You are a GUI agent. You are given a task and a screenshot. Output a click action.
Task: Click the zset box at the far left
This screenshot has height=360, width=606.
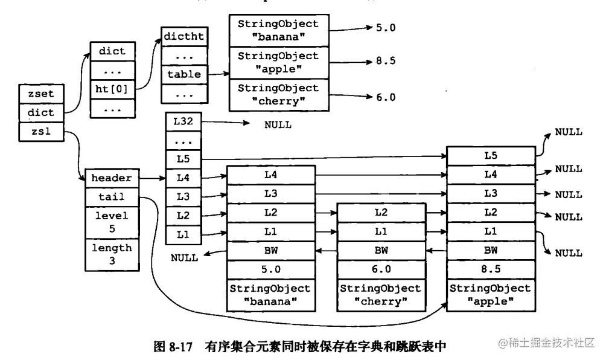pyautogui.click(x=41, y=94)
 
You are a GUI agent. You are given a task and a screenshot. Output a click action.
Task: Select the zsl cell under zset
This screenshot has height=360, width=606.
pyautogui.click(x=41, y=130)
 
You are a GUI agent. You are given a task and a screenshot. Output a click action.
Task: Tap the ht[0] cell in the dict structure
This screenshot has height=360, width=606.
pyautogui.click(x=112, y=89)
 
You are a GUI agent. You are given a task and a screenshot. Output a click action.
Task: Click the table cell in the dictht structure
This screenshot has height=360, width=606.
pyautogui.click(x=184, y=75)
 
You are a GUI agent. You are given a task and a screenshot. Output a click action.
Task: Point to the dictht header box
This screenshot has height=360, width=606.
pyautogui.click(x=184, y=37)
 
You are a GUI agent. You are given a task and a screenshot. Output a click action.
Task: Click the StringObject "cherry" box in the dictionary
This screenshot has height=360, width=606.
pyautogui.click(x=278, y=95)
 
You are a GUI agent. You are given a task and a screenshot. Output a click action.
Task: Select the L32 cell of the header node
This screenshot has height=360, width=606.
pyautogui.click(x=184, y=121)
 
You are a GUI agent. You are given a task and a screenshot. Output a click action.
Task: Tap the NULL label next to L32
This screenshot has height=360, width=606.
pyautogui.click(x=278, y=125)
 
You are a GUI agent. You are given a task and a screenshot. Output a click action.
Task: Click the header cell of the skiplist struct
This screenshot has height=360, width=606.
pyautogui.click(x=112, y=178)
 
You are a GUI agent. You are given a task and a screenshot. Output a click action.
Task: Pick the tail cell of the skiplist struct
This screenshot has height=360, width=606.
pyautogui.click(x=112, y=197)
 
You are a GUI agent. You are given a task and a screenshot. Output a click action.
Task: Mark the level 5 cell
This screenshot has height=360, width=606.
pyautogui.click(x=112, y=222)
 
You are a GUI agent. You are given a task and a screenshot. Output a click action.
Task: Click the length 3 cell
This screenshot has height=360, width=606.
pyautogui.click(x=112, y=254)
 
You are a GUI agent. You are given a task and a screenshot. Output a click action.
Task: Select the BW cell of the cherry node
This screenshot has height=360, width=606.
pyautogui.click(x=380, y=250)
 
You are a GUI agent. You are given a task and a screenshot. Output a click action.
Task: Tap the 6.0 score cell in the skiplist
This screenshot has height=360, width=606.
pyautogui.click(x=380, y=269)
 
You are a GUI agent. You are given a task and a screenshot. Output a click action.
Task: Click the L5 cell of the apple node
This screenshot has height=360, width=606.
pyautogui.click(x=490, y=155)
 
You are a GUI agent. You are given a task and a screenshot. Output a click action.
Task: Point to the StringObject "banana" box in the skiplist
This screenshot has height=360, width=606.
pyautogui.click(x=270, y=295)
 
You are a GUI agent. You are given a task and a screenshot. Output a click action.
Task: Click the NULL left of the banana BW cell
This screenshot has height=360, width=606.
pyautogui.click(x=183, y=258)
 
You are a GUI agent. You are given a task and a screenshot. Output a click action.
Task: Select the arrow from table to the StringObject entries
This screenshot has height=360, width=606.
pyautogui.click(x=218, y=75)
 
